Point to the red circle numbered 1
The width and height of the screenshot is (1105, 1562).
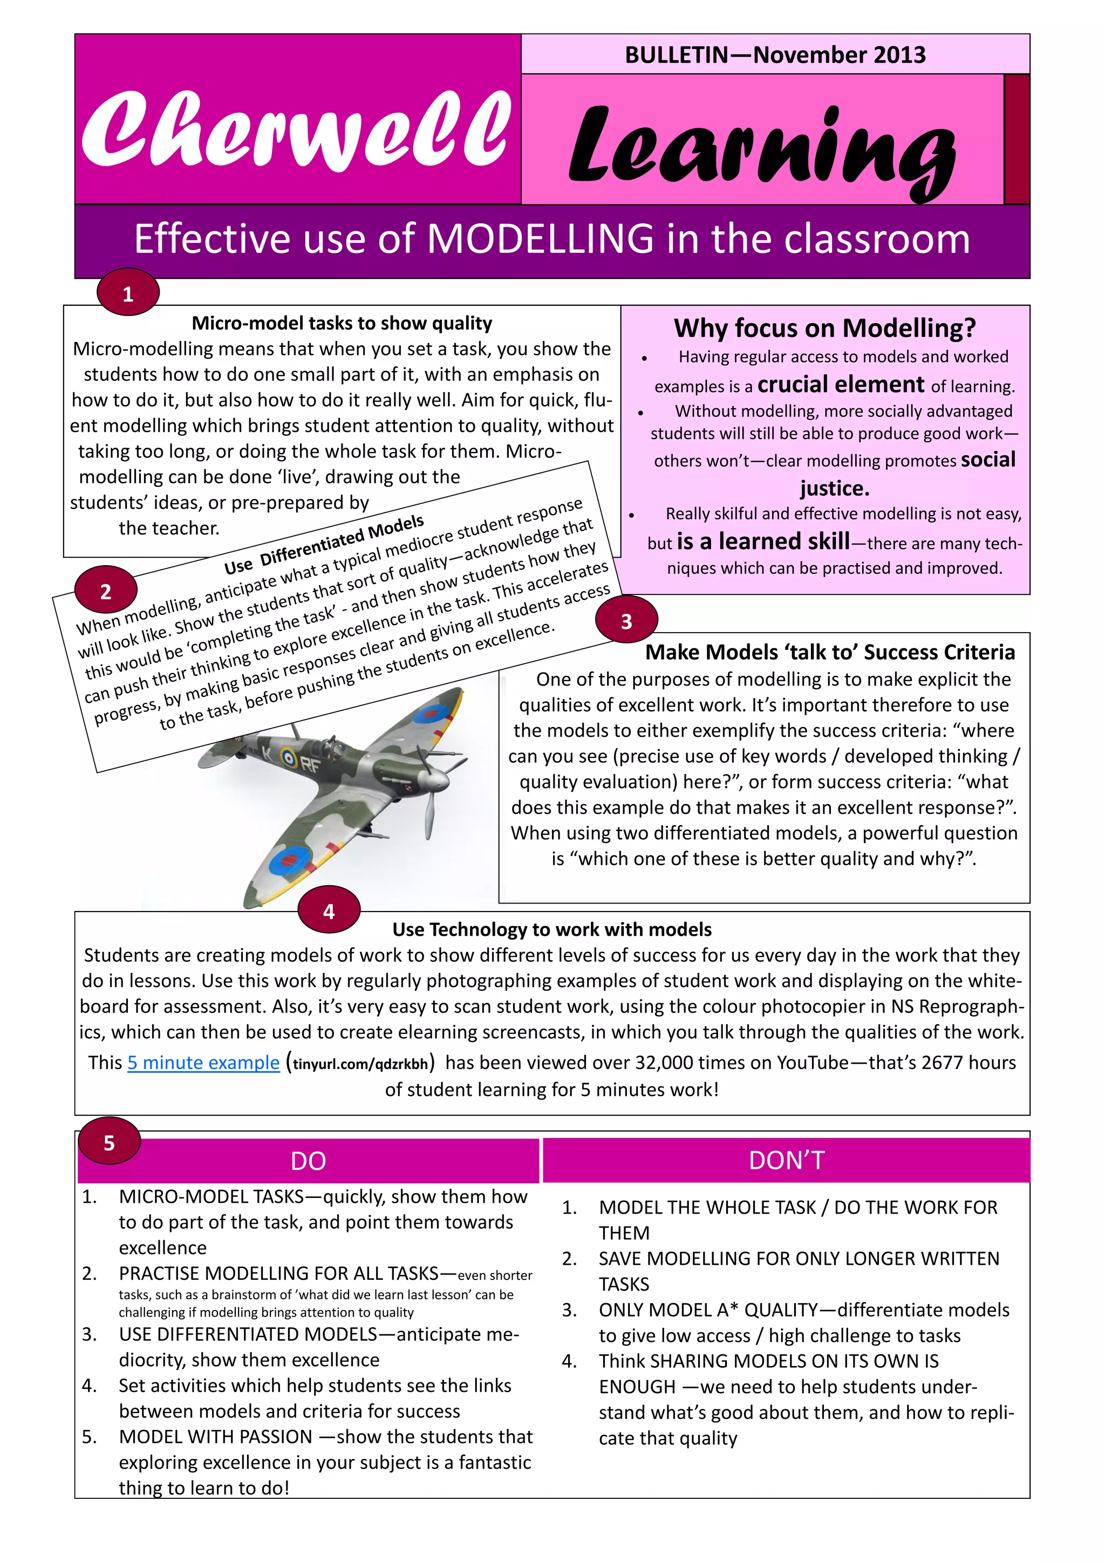tap(128, 293)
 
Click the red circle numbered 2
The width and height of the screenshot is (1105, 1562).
tap(105, 591)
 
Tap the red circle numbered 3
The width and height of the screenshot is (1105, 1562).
tap(626, 620)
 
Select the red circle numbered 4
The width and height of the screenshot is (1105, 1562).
tap(329, 911)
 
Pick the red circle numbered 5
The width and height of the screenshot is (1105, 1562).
tap(109, 1142)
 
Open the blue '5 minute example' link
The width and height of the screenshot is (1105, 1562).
tap(203, 1063)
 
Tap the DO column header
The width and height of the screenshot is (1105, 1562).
tap(308, 1161)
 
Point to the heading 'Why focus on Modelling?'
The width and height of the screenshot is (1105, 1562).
tap(824, 328)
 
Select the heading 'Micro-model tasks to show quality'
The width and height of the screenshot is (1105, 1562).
tap(342, 323)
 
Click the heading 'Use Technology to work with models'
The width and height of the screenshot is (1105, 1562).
tap(552, 929)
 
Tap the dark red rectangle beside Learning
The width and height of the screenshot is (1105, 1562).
tap(1017, 140)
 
